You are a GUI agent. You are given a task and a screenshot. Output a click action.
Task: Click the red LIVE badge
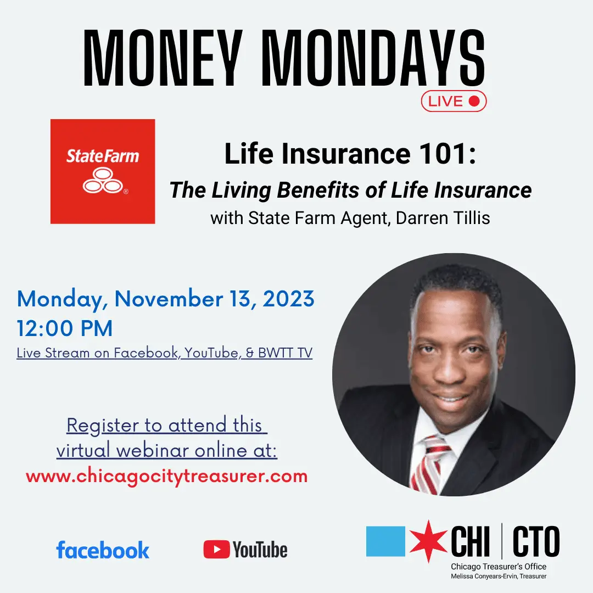coord(454,101)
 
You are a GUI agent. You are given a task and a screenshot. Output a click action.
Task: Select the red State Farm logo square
coord(103,171)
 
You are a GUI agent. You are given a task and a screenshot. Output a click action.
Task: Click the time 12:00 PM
coord(65,328)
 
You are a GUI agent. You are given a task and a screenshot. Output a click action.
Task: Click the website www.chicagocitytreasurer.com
coord(166,475)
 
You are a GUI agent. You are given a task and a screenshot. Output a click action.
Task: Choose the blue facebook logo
coord(103,550)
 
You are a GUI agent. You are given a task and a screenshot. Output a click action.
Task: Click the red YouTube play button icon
coord(216,550)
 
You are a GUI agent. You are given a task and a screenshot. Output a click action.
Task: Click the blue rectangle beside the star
coord(385,541)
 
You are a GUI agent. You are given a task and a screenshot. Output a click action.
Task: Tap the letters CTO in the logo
coord(536,541)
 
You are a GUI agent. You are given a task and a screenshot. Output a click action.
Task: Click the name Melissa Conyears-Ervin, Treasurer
coord(499,576)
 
